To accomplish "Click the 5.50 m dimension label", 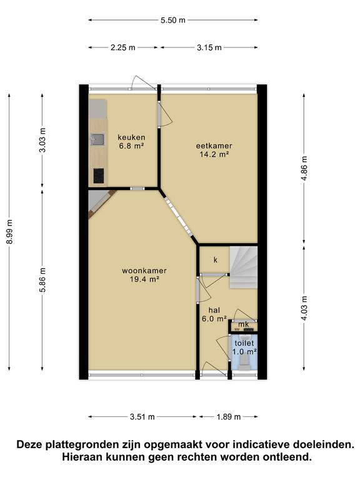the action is [173, 20].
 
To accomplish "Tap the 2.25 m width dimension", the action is [123, 47].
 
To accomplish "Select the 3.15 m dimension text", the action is [209, 47].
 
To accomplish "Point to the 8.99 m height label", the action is [9, 232].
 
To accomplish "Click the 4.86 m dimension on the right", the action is [304, 168].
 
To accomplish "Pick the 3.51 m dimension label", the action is [142, 417].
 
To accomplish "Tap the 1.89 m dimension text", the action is [229, 417].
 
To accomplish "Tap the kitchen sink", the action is [97, 139].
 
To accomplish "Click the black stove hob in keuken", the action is [99, 176].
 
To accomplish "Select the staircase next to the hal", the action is [243, 267].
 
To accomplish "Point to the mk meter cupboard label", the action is [244, 324].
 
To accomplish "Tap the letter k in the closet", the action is [216, 260].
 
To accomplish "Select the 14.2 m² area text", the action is [214, 154].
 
